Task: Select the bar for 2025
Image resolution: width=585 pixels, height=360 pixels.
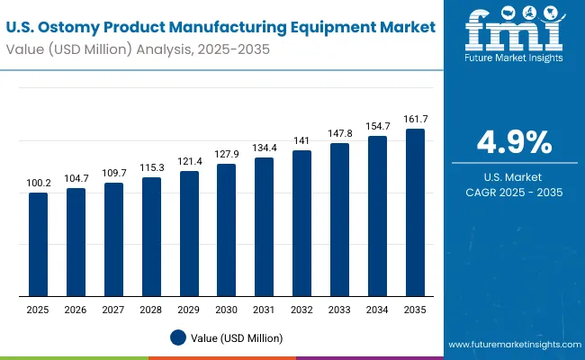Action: click(38, 244)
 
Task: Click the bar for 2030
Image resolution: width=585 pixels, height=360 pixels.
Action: click(226, 229)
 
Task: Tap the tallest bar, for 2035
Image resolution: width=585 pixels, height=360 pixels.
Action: click(414, 212)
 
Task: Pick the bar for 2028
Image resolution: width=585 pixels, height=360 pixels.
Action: click(151, 237)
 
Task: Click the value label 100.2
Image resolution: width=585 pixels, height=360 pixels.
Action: click(38, 183)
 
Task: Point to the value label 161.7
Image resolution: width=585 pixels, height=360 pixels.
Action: click(414, 119)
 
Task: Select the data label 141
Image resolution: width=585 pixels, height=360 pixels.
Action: click(301, 140)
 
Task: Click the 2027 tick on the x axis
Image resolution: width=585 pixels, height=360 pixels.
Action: click(113, 309)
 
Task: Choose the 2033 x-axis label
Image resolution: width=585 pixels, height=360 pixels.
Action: click(339, 309)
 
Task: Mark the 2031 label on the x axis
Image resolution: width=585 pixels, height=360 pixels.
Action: click(264, 309)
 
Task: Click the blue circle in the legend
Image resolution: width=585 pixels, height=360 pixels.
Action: click(178, 337)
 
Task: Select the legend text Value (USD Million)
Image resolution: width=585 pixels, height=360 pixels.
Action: click(235, 337)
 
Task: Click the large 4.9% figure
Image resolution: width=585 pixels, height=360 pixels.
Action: click(514, 142)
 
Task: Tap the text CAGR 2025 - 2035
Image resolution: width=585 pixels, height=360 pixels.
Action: click(514, 193)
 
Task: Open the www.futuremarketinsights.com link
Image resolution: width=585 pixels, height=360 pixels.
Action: click(510, 345)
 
